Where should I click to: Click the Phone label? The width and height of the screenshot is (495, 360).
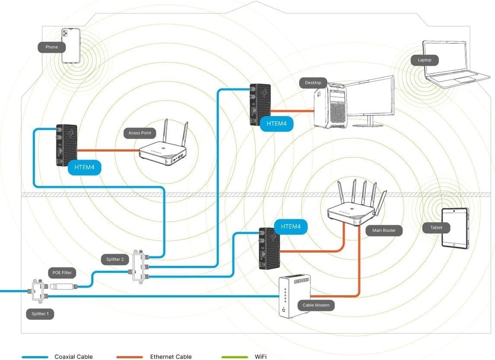(x=52, y=47)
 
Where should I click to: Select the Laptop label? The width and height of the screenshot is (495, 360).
(x=425, y=60)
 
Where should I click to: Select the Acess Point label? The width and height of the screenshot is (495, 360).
(x=140, y=133)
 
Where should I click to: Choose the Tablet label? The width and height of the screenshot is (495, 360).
(x=437, y=228)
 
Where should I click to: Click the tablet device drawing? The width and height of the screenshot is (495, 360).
(x=455, y=228)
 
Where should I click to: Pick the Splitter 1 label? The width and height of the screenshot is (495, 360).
(x=40, y=314)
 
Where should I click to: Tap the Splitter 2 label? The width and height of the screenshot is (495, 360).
(x=115, y=259)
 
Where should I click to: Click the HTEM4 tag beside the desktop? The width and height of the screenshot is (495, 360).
(x=277, y=124)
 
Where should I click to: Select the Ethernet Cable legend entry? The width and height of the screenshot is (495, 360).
(x=170, y=357)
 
